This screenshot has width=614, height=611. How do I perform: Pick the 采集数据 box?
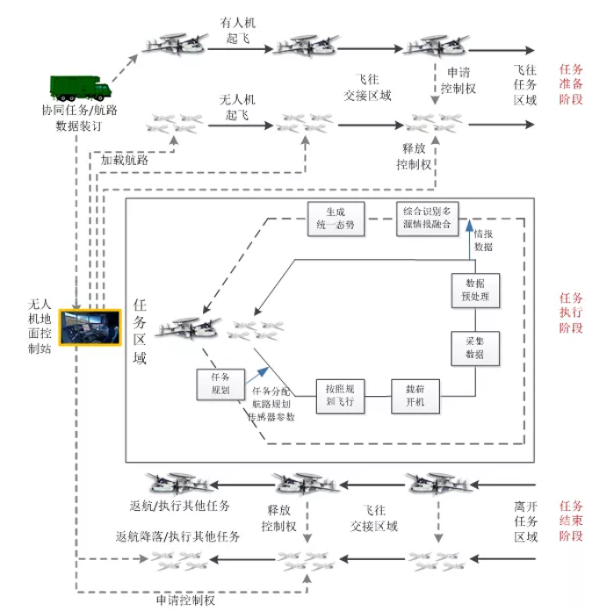(475, 349)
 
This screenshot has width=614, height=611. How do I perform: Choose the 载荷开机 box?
(414, 395)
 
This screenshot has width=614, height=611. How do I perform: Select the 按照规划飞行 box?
(339, 395)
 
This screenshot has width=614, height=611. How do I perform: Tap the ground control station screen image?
(91, 331)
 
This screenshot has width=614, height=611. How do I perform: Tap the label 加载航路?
(124, 161)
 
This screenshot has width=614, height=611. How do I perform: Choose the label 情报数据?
(484, 241)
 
